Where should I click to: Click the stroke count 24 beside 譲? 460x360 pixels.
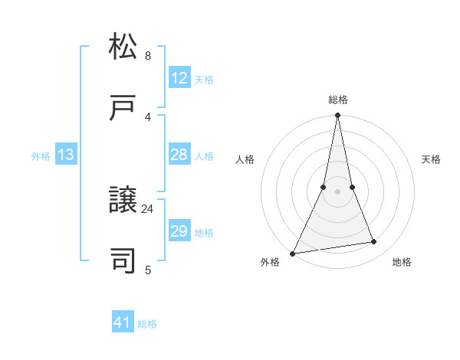click(148, 208)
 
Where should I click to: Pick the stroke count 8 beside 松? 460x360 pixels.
click(148, 55)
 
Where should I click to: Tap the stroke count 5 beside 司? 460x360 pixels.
click(148, 270)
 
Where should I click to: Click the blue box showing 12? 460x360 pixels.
click(179, 78)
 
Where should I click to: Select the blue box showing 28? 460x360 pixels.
click(179, 155)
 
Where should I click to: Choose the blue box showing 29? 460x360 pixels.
click(179, 231)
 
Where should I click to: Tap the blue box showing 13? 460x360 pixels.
click(66, 155)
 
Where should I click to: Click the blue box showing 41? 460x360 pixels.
click(123, 322)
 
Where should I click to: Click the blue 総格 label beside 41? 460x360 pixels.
click(147, 324)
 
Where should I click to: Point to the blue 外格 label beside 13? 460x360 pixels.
click(41, 156)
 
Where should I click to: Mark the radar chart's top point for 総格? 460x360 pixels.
click(337, 116)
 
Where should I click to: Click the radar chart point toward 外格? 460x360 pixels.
click(293, 253)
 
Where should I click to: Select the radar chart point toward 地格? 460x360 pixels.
click(374, 242)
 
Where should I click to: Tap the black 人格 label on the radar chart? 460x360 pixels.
click(245, 159)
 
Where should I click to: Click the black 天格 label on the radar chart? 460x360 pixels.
click(431, 159)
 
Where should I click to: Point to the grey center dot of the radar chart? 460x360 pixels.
click(337, 191)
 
